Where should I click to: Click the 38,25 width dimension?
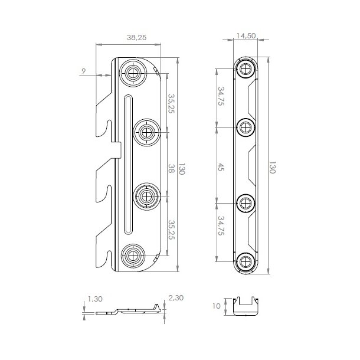pos(137,37)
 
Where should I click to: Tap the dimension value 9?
pos(84,71)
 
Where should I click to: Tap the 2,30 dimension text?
pos(175,299)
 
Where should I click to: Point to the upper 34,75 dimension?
pos(221,97)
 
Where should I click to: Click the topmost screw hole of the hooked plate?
pos(133,73)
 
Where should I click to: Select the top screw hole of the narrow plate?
pos(245,68)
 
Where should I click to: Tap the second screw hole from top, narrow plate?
pos(245,126)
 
